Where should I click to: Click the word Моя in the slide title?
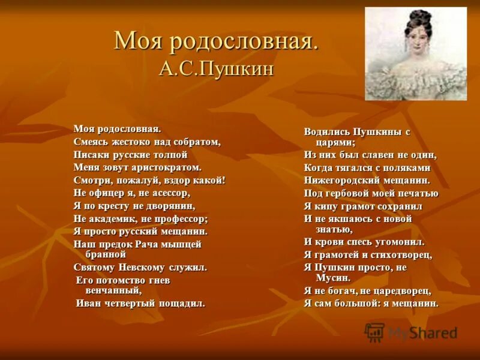(x=139, y=42)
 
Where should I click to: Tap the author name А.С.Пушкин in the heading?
(x=216, y=68)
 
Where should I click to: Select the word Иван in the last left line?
(x=88, y=303)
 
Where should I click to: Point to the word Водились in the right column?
(x=326, y=131)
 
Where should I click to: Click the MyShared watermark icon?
(x=375, y=332)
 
